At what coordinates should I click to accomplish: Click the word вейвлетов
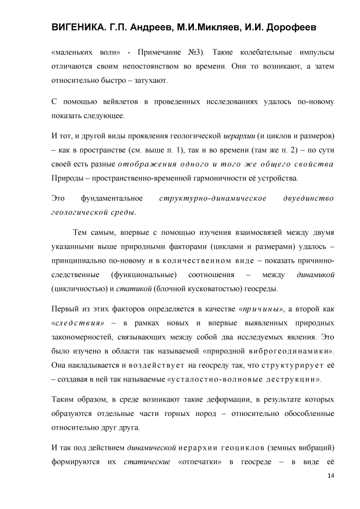point(109,102)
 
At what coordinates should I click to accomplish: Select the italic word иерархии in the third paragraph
point(239,136)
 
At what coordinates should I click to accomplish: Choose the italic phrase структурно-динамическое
point(213,198)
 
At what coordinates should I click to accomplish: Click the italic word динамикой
point(316,275)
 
